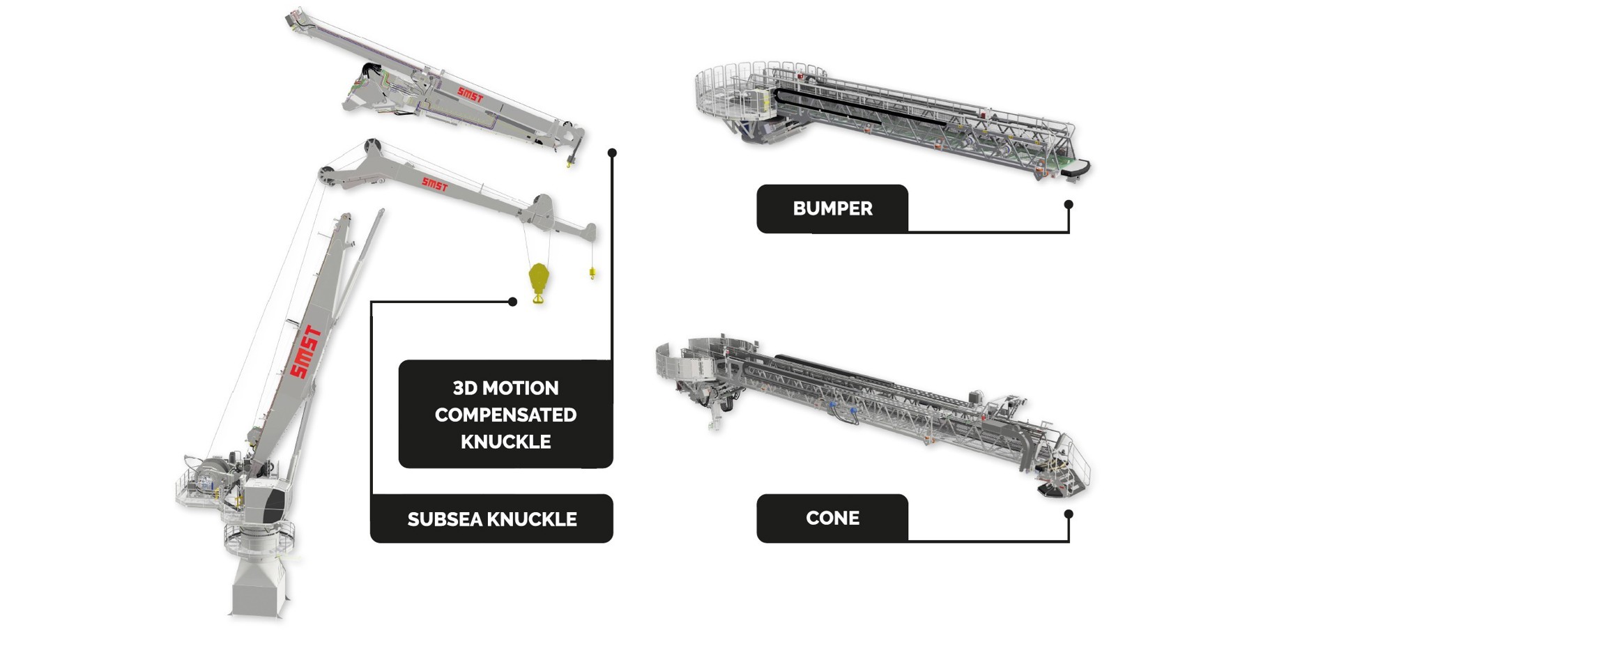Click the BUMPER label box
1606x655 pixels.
pos(832,208)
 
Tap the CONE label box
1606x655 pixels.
pos(832,518)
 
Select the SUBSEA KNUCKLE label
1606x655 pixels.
pos(491,518)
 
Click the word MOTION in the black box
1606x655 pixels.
pos(526,388)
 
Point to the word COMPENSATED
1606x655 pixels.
pos(505,415)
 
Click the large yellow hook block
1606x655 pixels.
pos(539,282)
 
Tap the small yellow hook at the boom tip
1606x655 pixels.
pos(592,272)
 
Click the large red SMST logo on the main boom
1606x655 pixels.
pos(305,352)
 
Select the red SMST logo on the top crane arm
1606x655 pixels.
pos(470,94)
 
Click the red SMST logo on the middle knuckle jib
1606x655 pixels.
pos(434,185)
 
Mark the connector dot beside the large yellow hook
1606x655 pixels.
pos(512,302)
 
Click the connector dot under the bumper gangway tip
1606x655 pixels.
pos(1069,204)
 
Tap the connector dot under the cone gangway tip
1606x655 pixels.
pos(1069,514)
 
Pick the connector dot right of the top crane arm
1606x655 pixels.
pos(612,153)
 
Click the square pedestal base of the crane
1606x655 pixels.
pos(258,587)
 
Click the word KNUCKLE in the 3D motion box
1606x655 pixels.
pos(505,442)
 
